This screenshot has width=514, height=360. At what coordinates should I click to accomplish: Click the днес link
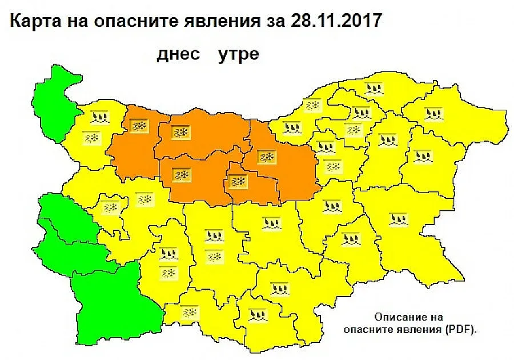(x=179, y=54)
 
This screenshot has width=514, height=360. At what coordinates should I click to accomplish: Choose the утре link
(x=238, y=54)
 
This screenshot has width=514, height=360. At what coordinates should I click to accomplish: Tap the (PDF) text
(x=460, y=330)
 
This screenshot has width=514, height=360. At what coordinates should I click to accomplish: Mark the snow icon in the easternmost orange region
(x=266, y=157)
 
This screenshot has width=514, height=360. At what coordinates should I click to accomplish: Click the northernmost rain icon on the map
(x=373, y=88)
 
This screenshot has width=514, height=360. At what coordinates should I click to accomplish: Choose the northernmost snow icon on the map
(x=312, y=105)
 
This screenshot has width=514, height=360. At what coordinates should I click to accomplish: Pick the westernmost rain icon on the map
(x=99, y=118)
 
